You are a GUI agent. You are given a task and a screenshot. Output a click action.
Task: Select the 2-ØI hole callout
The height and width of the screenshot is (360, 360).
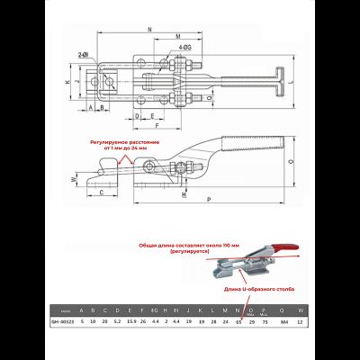84,55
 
